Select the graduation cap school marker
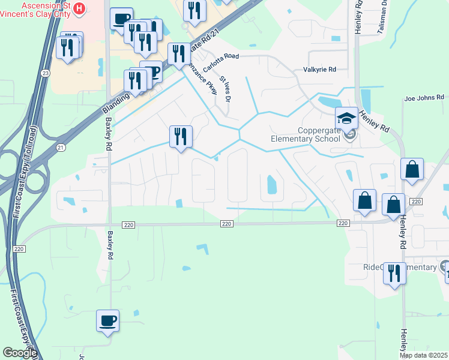[x=346, y=118]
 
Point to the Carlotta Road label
[x=220, y=63]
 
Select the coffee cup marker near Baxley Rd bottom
[x=108, y=320]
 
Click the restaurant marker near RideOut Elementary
[x=394, y=274]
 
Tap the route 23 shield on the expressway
[x=46, y=73]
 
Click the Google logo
[x=20, y=353]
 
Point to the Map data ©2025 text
[x=424, y=355]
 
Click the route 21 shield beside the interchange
[x=60, y=146]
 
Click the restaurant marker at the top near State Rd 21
[x=194, y=11]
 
